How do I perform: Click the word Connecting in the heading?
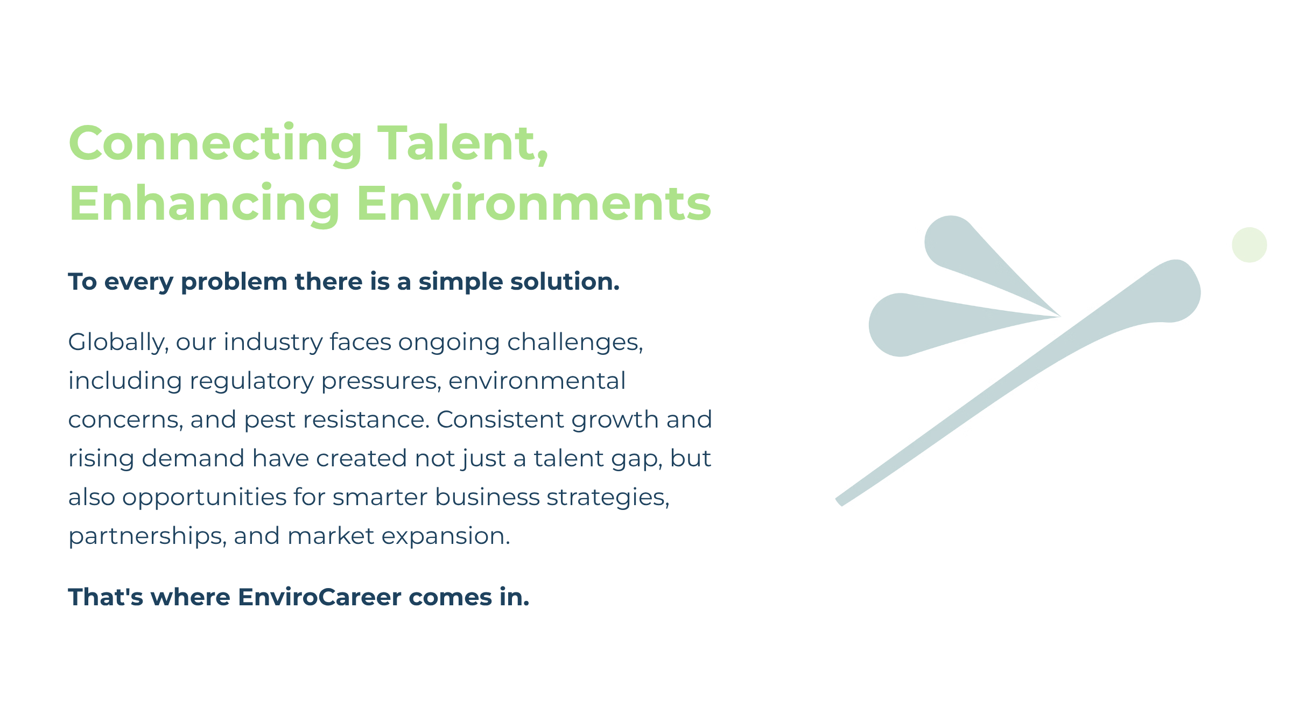coord(215,144)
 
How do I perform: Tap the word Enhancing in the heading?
coord(205,205)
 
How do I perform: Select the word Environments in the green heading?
coord(533,203)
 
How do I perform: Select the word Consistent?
coord(500,420)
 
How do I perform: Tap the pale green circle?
coord(1249,245)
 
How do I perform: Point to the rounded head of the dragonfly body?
coord(1176,291)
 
